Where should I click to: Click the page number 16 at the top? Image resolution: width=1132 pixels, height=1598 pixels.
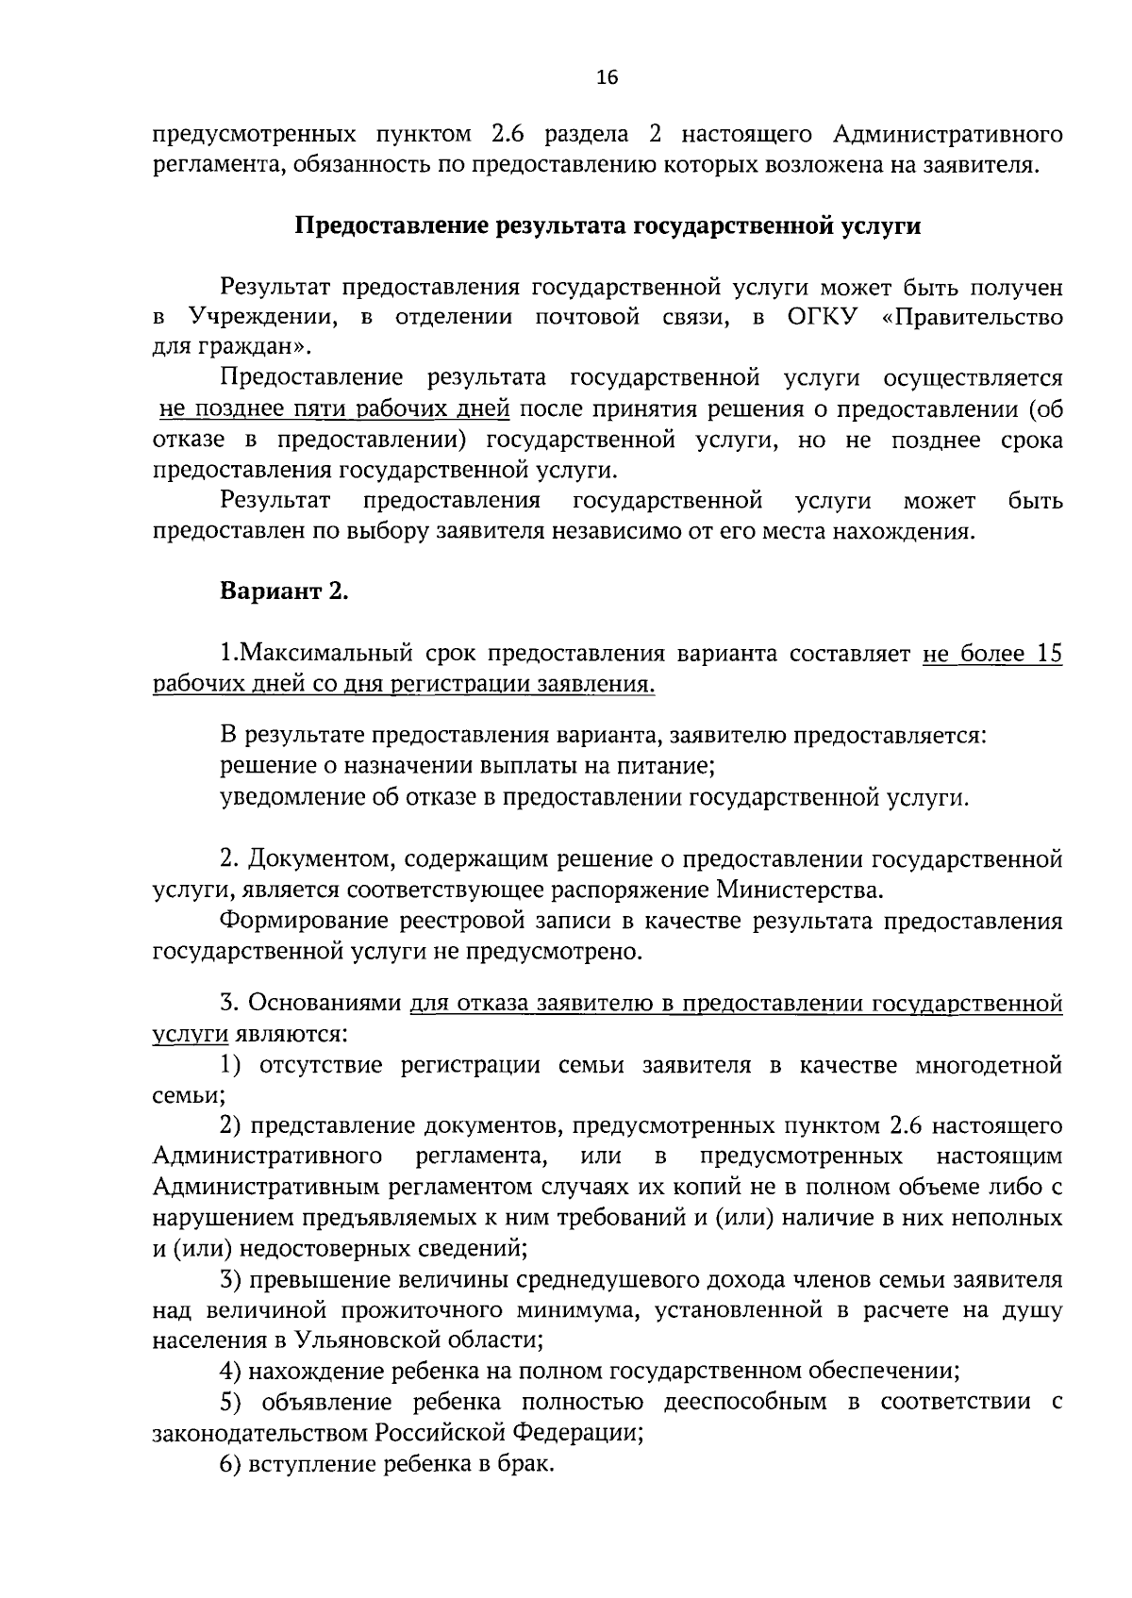607,78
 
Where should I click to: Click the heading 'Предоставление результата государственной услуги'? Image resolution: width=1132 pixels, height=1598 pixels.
608,226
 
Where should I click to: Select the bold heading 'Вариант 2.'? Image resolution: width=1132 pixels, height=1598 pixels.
284,591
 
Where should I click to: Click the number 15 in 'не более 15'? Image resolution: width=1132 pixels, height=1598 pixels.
1048,653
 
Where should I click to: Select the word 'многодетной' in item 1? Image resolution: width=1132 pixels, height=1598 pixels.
989,1065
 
